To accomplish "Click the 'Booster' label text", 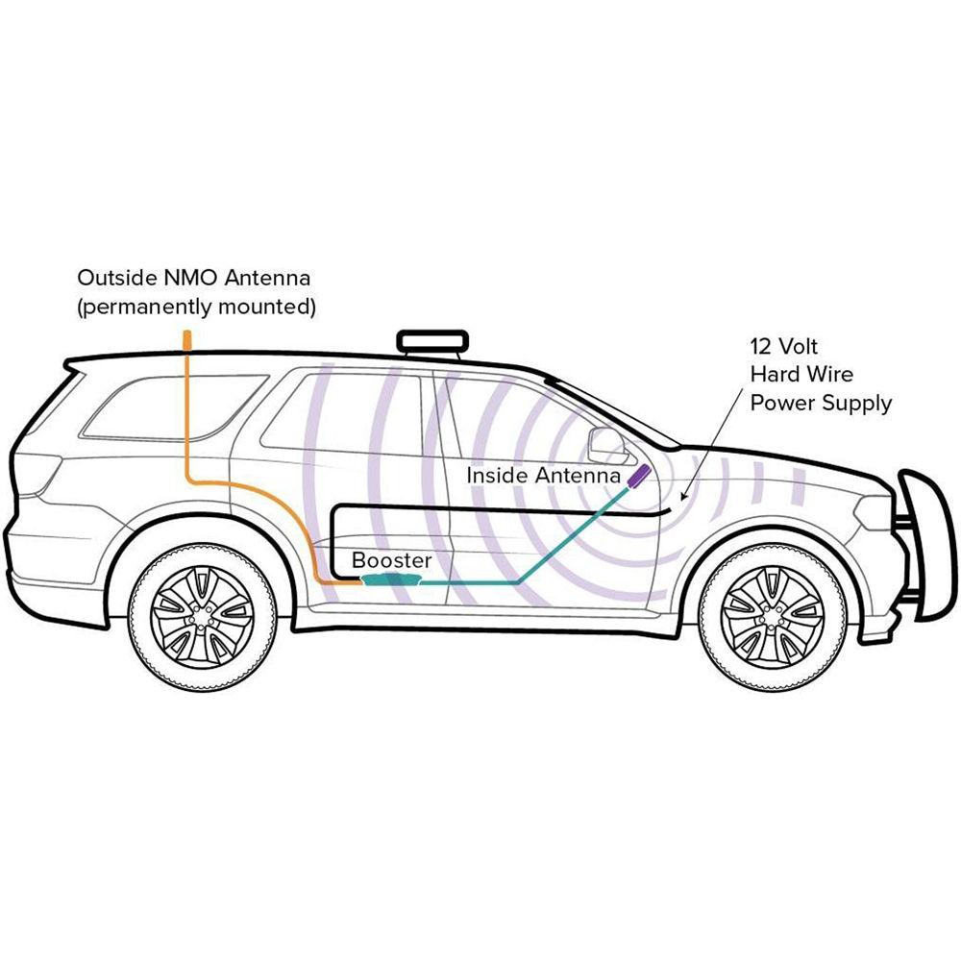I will pos(391,559).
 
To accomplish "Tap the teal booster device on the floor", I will pos(393,579).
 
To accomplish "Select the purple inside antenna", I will pos(638,476).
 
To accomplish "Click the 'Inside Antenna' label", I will pos(543,475).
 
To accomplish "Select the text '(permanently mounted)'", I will pos(196,308).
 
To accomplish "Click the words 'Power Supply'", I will pos(820,403).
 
